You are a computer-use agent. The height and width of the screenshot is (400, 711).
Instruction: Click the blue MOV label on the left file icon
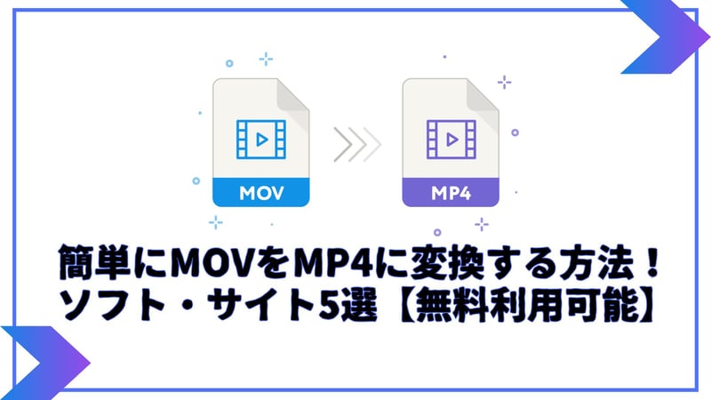pyautogui.click(x=260, y=191)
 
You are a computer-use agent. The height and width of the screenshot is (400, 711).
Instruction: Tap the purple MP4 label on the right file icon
pyautogui.click(x=450, y=191)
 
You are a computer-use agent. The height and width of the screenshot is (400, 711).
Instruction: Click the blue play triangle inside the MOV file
pyautogui.click(x=260, y=140)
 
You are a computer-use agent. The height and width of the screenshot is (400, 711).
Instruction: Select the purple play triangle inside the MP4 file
pyautogui.click(x=451, y=140)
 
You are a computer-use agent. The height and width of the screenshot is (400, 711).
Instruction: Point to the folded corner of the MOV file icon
pyautogui.click(x=296, y=93)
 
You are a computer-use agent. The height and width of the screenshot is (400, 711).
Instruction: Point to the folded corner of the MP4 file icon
pyautogui.click(x=486, y=93)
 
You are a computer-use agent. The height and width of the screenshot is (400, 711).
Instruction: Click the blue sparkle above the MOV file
pyautogui.click(x=265, y=60)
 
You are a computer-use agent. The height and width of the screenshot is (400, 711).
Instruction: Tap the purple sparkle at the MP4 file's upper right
pyautogui.click(x=505, y=83)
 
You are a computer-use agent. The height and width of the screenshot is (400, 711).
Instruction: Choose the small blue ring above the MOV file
pyautogui.click(x=229, y=64)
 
